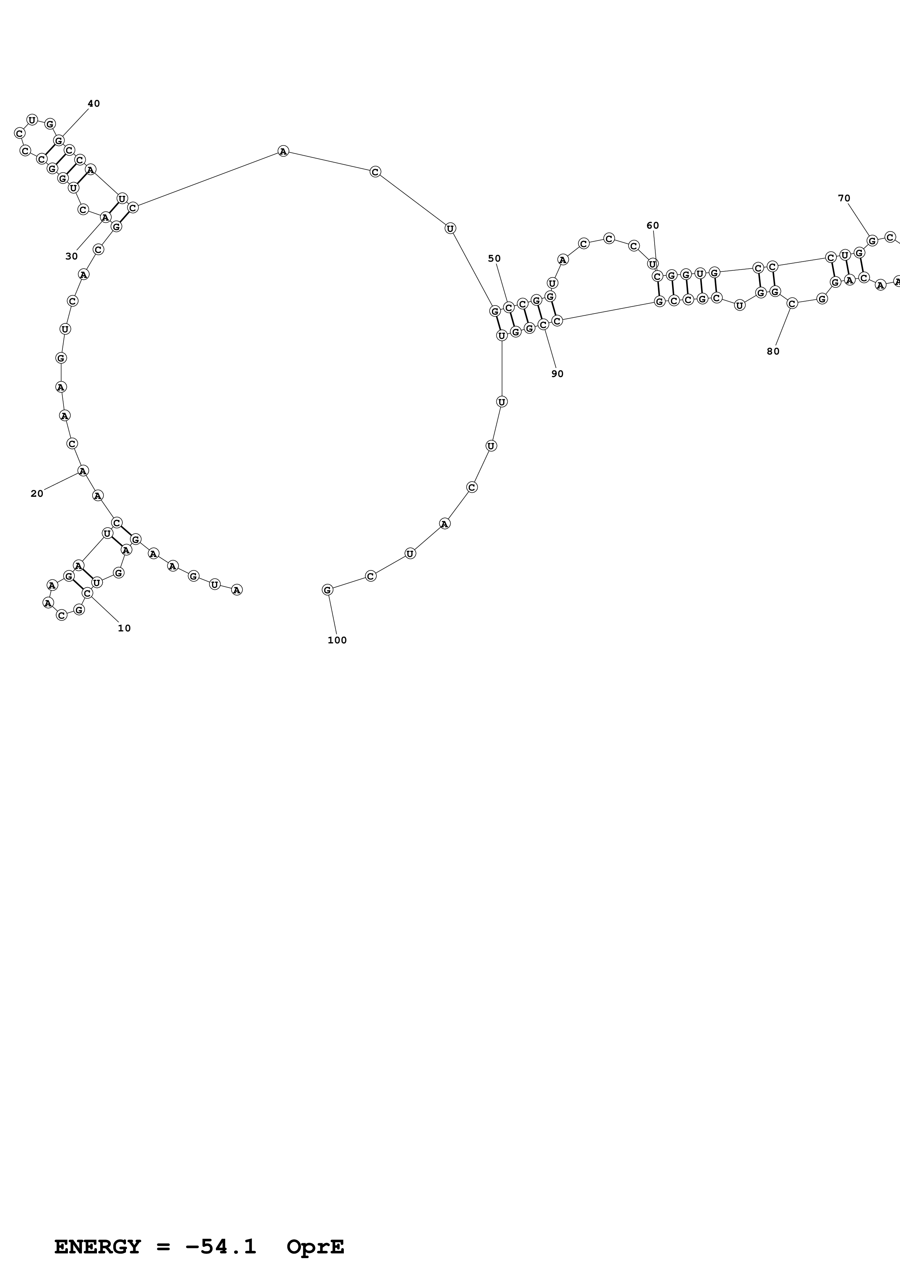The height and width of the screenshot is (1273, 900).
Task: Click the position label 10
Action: [124, 628]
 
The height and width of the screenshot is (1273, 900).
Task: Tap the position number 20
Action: [37, 494]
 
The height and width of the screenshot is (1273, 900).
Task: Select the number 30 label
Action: [72, 256]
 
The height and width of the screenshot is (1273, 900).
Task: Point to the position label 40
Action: [94, 104]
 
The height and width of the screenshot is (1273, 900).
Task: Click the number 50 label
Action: [494, 258]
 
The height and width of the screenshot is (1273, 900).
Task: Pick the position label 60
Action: [653, 226]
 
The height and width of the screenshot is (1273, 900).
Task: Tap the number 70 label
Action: [844, 198]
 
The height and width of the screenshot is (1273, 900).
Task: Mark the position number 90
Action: [557, 374]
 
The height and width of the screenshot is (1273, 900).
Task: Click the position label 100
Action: [337, 640]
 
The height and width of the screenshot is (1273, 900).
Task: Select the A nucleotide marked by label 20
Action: [83, 471]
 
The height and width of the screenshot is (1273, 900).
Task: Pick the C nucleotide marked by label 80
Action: [793, 303]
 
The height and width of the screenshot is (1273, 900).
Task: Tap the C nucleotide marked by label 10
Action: [87, 593]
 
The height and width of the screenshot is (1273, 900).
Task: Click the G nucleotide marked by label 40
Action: [59, 140]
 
